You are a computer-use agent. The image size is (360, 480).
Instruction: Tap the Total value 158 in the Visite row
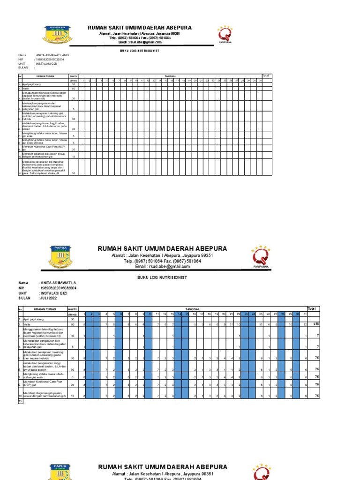click(x=316, y=324)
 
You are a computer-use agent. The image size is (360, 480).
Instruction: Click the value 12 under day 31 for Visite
click(x=306, y=324)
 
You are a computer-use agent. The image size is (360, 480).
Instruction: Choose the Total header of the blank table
click(x=266, y=75)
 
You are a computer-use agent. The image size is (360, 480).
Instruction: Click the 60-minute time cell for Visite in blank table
click(x=73, y=88)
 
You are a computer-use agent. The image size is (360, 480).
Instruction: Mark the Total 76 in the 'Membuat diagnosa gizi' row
click(x=316, y=396)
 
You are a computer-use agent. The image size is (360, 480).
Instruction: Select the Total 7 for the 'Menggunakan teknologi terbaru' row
click(x=317, y=336)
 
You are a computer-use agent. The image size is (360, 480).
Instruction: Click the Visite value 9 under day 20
click(x=224, y=324)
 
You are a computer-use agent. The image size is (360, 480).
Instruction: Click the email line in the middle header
click(x=162, y=266)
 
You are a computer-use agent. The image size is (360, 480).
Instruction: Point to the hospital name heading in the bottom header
click(x=162, y=467)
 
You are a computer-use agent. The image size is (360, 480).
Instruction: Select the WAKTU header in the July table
click(x=73, y=309)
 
